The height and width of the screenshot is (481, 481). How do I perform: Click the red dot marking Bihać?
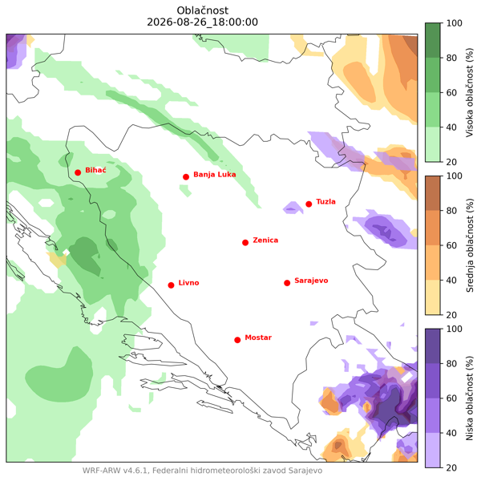pos(78,172)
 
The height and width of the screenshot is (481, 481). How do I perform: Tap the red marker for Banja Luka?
pos(186,176)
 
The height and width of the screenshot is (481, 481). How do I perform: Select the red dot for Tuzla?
pos(309,204)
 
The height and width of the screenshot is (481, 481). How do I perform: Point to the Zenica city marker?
pos(245,243)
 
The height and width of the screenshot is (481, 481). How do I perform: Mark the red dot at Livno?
pos(172,285)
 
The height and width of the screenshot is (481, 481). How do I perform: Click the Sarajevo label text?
pos(311,281)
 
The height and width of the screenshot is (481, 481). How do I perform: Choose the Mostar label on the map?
pos(258,338)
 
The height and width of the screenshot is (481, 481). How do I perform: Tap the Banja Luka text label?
pos(214,175)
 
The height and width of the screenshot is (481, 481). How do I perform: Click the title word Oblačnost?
pos(203,10)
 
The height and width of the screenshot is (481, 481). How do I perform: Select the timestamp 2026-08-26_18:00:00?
pos(203,22)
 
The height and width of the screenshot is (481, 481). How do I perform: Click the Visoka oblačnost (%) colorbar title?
pos(470,92)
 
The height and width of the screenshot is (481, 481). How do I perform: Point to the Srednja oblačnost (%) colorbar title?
pos(470,245)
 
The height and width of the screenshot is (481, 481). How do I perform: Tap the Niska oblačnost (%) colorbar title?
pos(470,398)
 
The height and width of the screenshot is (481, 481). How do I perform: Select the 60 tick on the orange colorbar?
pos(451,245)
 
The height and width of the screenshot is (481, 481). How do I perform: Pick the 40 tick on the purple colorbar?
pos(451,433)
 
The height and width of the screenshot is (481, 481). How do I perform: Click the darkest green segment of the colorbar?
pos(433,40)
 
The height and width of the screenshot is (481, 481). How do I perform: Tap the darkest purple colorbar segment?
pos(433,346)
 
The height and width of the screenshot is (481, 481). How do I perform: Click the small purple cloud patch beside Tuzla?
pos(293,208)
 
